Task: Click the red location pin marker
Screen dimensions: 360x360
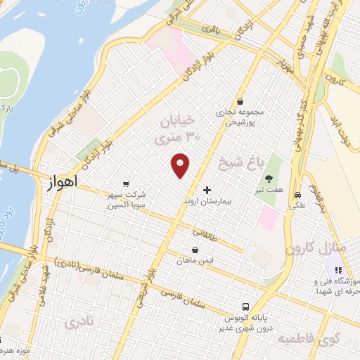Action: pyautogui.click(x=181, y=165)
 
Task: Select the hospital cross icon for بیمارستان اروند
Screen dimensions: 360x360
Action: pyautogui.click(x=207, y=190)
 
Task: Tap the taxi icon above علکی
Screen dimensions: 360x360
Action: pyautogui.click(x=298, y=195)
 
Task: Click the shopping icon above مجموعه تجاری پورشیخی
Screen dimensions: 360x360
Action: pyautogui.click(x=240, y=101)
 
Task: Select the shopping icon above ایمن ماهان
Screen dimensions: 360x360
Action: pyautogui.click(x=195, y=250)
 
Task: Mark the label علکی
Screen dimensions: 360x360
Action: pyautogui.click(x=298, y=207)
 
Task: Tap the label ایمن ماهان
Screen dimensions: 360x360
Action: pyautogui.click(x=193, y=261)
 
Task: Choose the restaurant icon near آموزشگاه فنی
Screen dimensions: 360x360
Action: pyautogui.click(x=337, y=269)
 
